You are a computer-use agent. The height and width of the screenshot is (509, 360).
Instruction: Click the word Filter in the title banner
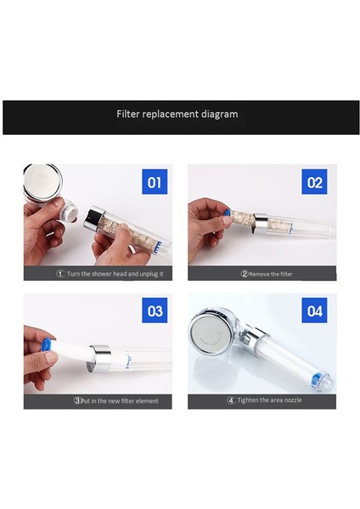pyautogui.click(x=128, y=114)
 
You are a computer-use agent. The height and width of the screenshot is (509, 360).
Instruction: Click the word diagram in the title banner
pyautogui.click(x=217, y=114)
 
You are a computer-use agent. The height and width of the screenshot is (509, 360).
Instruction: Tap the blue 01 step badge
pyautogui.click(x=155, y=182)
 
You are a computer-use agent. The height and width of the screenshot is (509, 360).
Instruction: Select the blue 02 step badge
pyautogui.click(x=314, y=182)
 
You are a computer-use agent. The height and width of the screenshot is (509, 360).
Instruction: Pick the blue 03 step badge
pyautogui.click(x=155, y=311)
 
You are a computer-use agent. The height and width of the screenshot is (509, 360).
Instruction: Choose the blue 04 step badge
pyautogui.click(x=314, y=311)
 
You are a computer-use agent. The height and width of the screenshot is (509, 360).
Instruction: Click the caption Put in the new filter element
pyautogui.click(x=120, y=400)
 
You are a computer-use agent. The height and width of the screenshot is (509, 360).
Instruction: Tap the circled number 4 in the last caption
pyautogui.click(x=230, y=400)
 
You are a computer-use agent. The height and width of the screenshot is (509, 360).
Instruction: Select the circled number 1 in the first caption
pyautogui.click(x=60, y=274)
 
